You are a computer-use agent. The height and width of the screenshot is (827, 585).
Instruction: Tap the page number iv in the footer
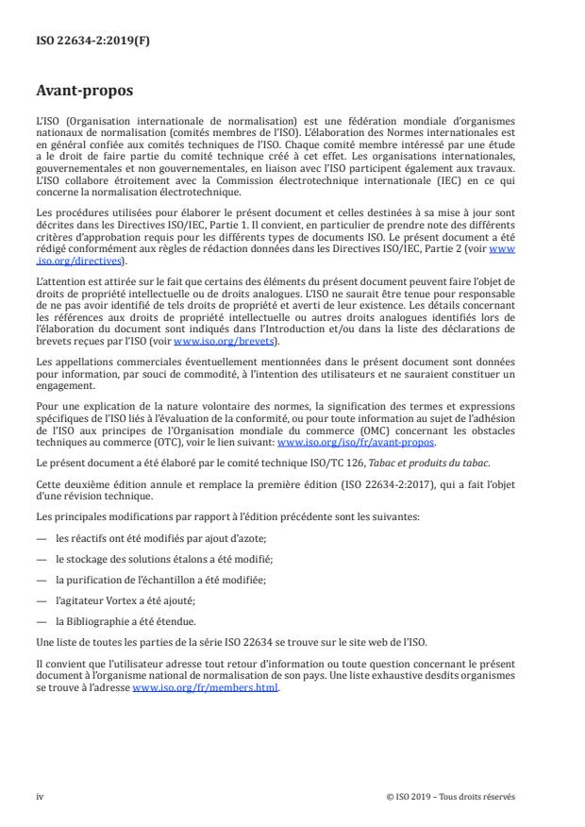[40, 796]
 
